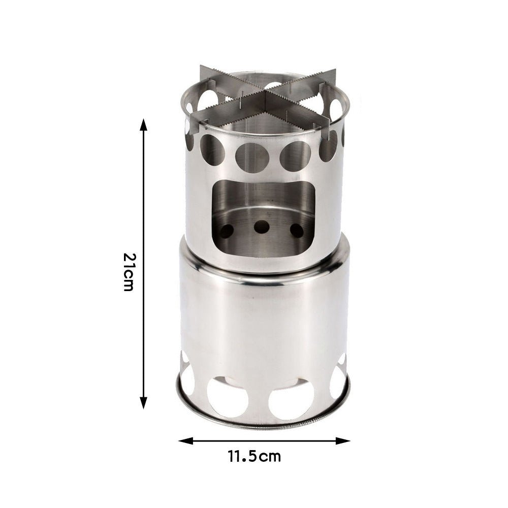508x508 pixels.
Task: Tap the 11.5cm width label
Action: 254,456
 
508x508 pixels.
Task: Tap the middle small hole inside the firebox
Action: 262,227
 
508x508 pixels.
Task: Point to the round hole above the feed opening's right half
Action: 296,154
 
